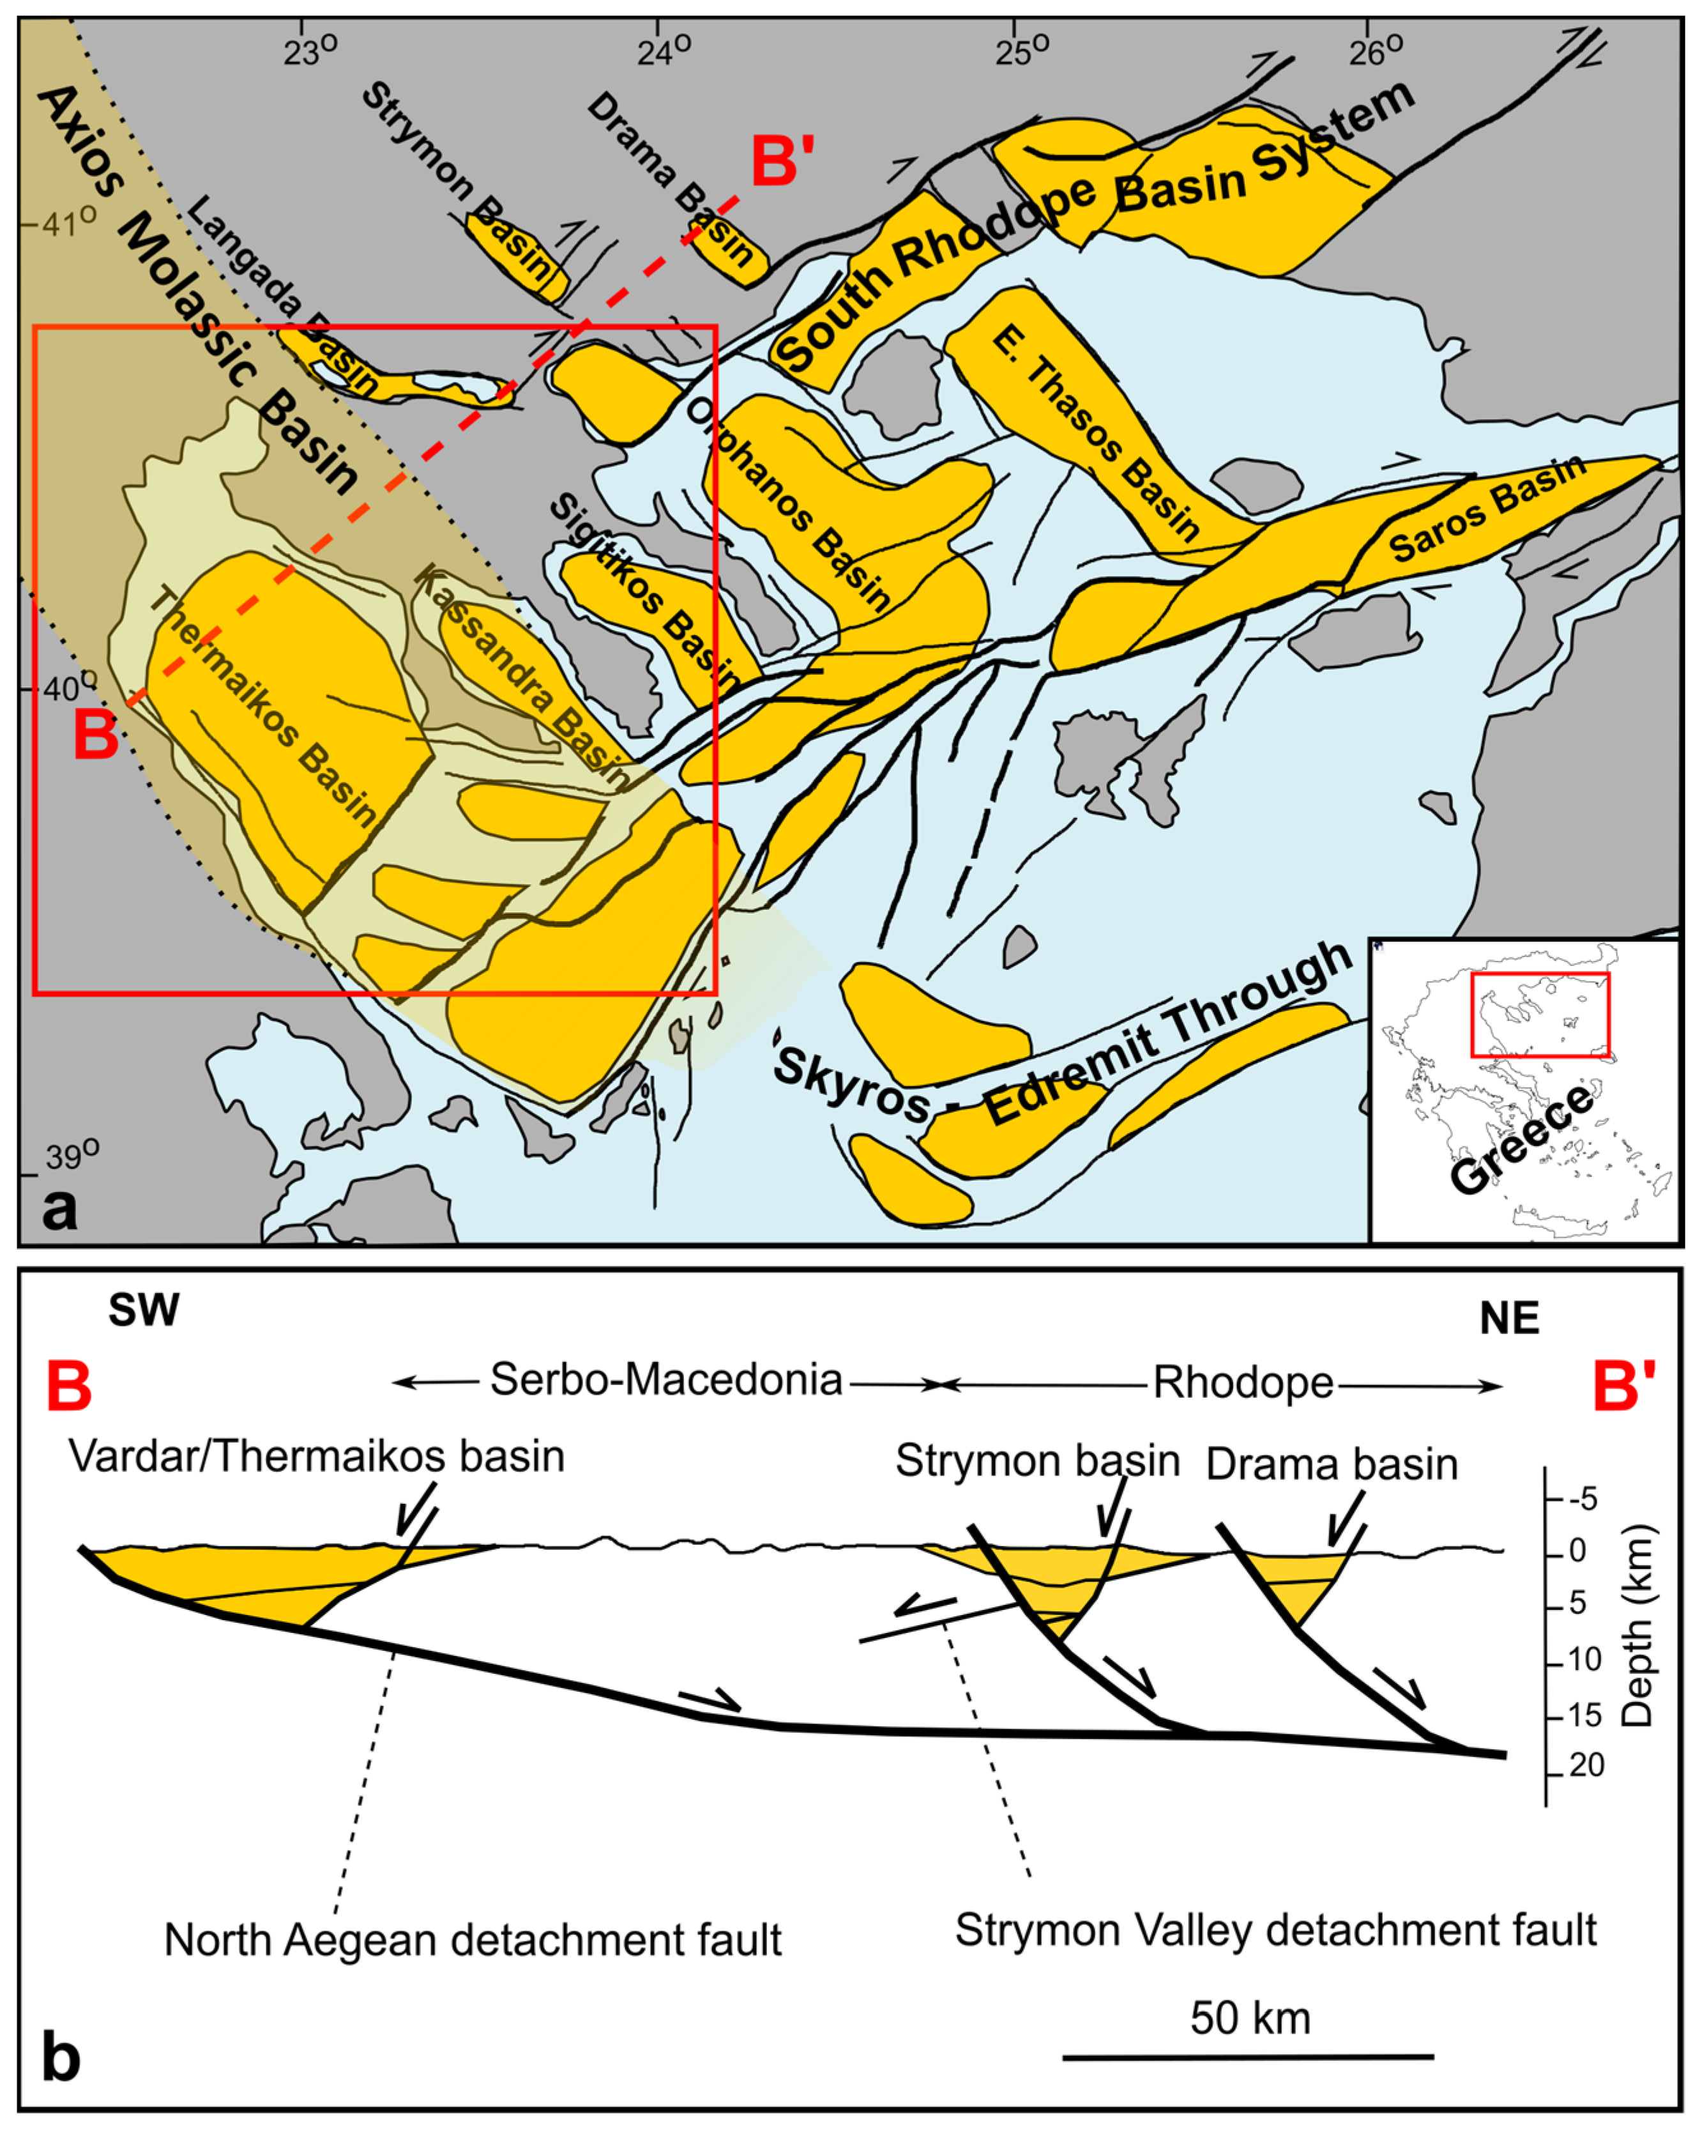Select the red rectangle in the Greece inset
point(1539,1015)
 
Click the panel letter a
point(59,1207)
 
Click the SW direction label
point(144,1311)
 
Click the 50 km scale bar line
point(1248,2058)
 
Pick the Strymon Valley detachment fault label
point(1275,1929)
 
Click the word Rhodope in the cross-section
point(1243,1383)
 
